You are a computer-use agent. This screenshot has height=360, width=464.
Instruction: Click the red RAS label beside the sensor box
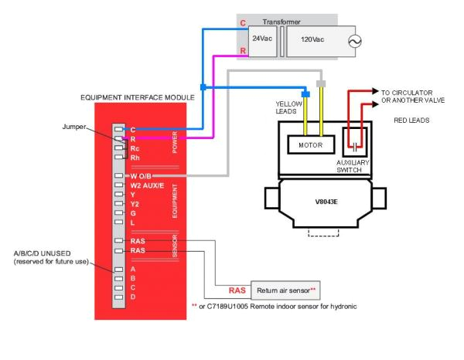coord(237,291)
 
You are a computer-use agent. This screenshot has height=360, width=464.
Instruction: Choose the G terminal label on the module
coord(134,213)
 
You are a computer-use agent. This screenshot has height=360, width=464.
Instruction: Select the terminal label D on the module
coord(134,297)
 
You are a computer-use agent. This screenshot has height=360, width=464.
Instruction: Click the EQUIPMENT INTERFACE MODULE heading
coord(139,98)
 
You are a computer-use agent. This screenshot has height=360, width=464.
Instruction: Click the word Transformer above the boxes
coord(281,22)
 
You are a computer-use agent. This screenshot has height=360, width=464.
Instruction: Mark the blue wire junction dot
coord(203,87)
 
